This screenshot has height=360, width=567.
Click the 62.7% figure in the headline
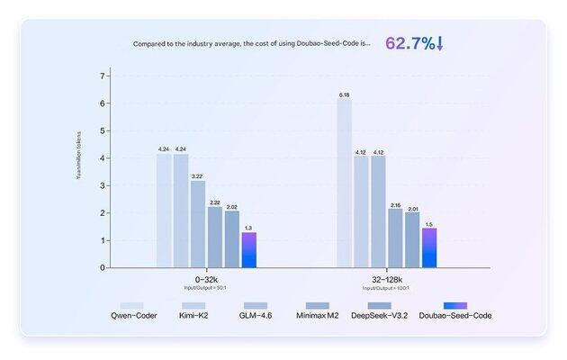(x=409, y=43)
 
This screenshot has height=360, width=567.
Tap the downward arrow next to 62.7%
(x=441, y=43)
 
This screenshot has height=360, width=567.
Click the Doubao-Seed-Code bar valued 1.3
(x=249, y=250)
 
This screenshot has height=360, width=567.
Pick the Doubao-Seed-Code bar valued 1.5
(x=429, y=247)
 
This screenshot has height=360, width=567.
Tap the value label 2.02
(x=232, y=206)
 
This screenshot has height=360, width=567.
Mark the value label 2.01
(x=412, y=207)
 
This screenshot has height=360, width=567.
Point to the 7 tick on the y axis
(x=103, y=76)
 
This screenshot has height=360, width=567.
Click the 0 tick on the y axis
(x=103, y=267)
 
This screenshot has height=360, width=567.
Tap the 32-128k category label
(x=385, y=280)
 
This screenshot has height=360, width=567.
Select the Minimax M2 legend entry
(x=317, y=315)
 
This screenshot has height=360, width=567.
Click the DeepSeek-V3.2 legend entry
(x=382, y=315)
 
